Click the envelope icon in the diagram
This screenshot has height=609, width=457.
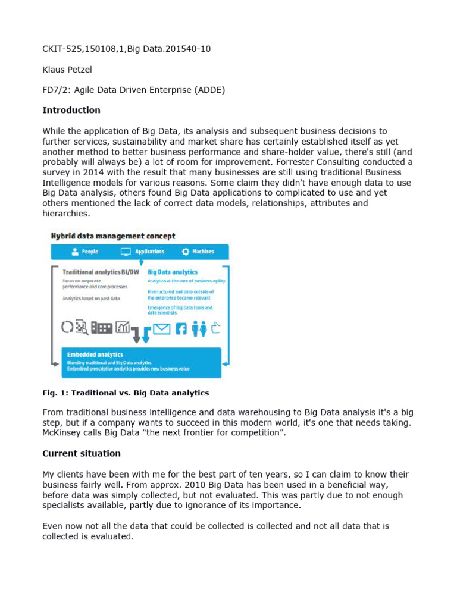(x=162, y=328)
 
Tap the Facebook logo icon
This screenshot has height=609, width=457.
(x=181, y=328)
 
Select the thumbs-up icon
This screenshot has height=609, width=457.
(x=215, y=328)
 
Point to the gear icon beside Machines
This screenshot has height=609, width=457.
(x=186, y=252)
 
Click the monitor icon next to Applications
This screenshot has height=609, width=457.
(x=126, y=252)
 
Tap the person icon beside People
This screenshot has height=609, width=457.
(x=74, y=252)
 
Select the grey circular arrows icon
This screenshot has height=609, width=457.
(x=67, y=327)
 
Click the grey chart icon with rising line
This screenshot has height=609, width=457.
(x=123, y=327)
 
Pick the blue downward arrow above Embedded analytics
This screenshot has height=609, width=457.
(x=146, y=334)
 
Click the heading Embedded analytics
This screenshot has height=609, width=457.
(x=87, y=354)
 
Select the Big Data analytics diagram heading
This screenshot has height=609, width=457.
(x=173, y=272)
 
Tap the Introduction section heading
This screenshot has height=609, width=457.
(x=71, y=110)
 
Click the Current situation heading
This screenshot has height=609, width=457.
(x=82, y=453)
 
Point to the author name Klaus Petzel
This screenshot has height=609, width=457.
(x=67, y=70)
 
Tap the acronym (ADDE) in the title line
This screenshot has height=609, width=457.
(x=211, y=90)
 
